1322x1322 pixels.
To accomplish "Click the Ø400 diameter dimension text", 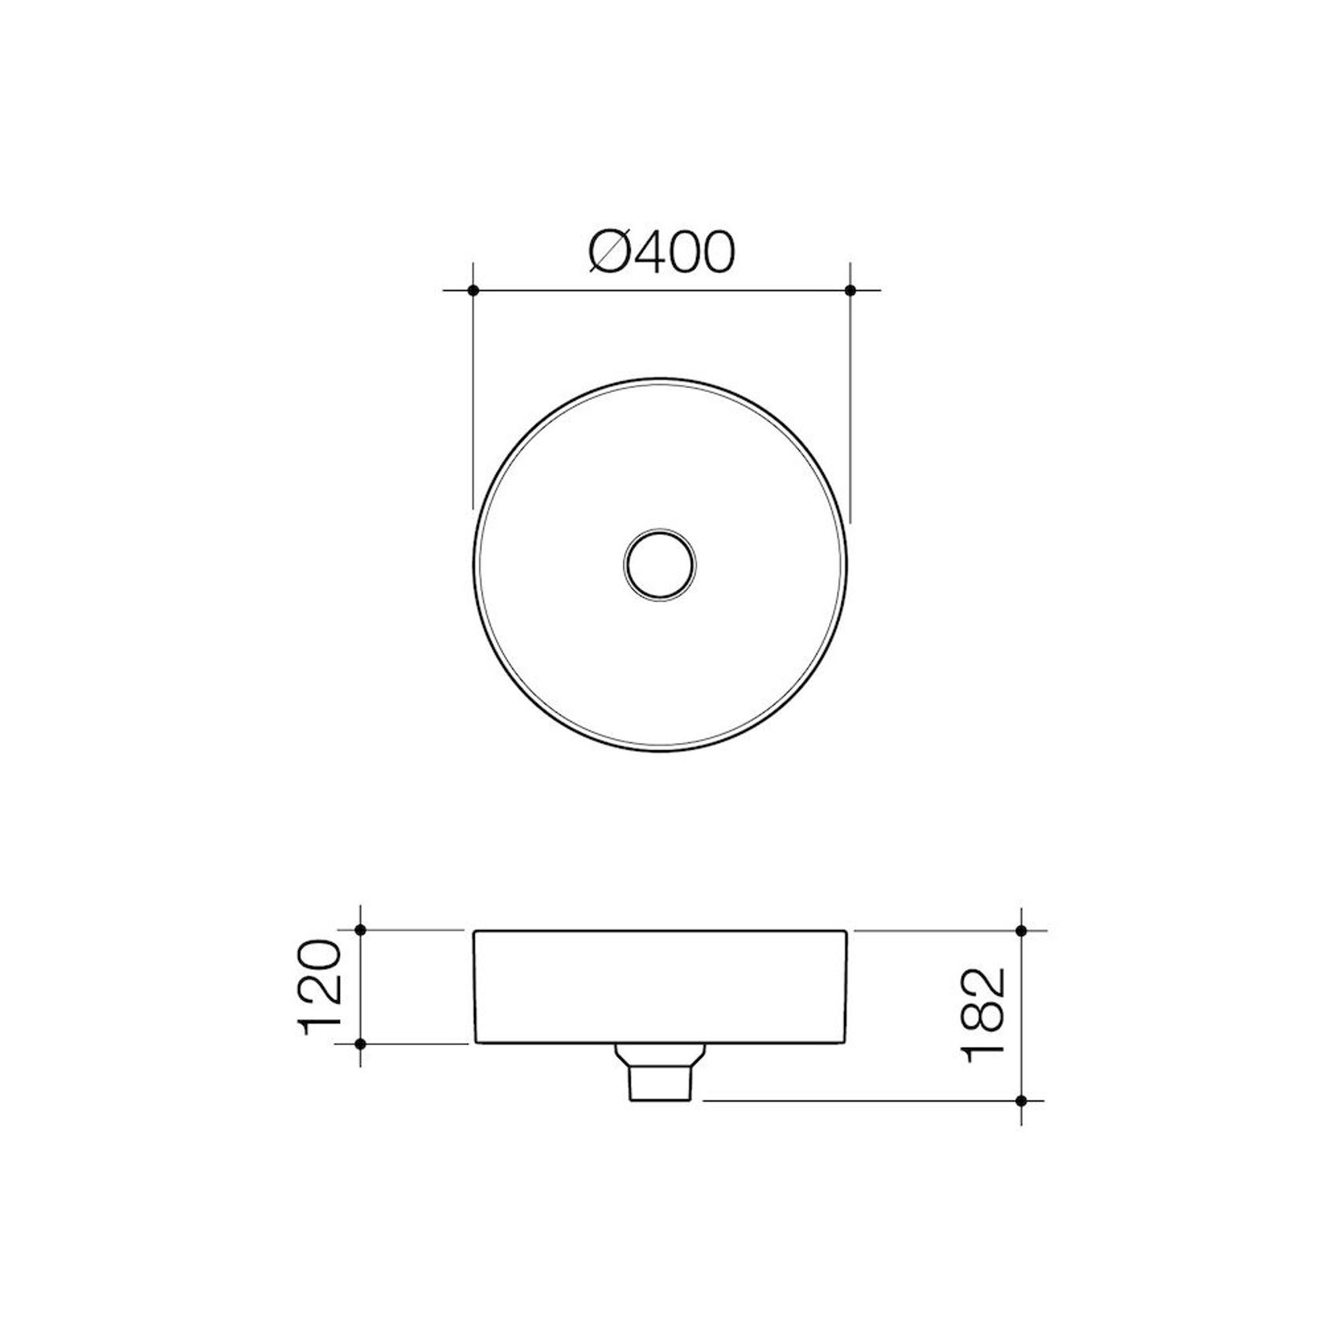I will click(x=662, y=252).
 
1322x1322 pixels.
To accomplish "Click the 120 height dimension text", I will click(x=320, y=987).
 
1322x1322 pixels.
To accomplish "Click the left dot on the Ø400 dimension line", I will click(x=472, y=290).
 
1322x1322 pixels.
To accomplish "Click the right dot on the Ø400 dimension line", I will click(x=850, y=290).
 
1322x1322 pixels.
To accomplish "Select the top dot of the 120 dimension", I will click(x=360, y=930).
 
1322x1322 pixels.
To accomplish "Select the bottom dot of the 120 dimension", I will click(x=360, y=1044).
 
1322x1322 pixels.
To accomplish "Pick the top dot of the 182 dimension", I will click(x=1021, y=931).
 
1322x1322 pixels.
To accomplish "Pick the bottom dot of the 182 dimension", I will click(x=1021, y=1100).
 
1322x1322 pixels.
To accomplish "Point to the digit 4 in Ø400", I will click(x=647, y=252).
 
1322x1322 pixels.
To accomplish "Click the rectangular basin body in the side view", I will click(x=660, y=987).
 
